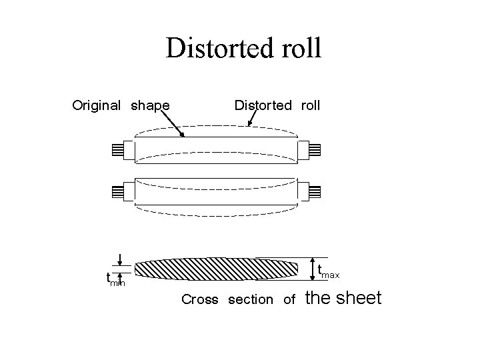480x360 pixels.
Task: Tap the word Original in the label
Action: pyautogui.click(x=96, y=105)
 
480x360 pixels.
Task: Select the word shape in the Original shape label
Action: pyautogui.click(x=150, y=105)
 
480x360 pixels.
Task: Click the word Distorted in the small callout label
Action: pyautogui.click(x=263, y=105)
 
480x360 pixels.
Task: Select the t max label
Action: pyautogui.click(x=329, y=271)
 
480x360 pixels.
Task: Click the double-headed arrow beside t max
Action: pyautogui.click(x=313, y=267)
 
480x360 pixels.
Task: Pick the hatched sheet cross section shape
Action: pyautogui.click(x=217, y=268)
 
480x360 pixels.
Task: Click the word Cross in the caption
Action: pyautogui.click(x=200, y=300)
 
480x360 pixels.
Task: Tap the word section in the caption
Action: pyautogui.click(x=250, y=300)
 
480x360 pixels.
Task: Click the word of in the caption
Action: pyautogui.click(x=289, y=300)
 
